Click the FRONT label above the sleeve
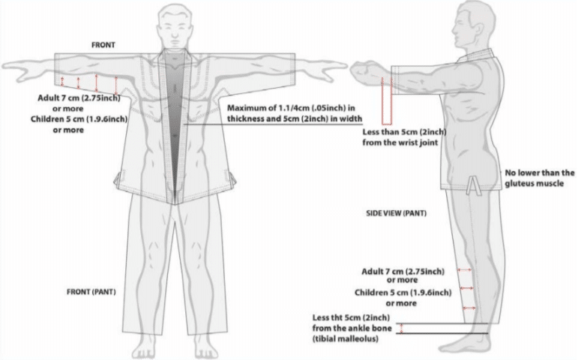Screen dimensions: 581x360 (x=103, y=45)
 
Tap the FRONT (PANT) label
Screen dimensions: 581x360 (x=91, y=292)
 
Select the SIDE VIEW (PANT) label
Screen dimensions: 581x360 (x=396, y=213)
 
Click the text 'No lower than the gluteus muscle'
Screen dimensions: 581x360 (x=540, y=178)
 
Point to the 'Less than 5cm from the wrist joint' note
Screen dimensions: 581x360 (x=404, y=137)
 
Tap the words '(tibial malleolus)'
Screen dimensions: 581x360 (x=346, y=338)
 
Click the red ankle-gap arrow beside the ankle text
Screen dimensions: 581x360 (x=400, y=328)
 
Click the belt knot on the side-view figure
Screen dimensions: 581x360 (x=472, y=185)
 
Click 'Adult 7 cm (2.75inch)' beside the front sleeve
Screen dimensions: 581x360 (x=79, y=98)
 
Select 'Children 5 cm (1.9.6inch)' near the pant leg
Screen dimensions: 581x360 (x=403, y=292)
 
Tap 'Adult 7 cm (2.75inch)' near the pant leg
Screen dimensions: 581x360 (x=403, y=271)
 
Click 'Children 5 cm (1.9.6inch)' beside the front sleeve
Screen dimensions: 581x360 (x=79, y=119)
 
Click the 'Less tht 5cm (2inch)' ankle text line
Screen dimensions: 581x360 (x=351, y=317)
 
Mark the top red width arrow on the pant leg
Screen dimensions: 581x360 (x=465, y=270)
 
